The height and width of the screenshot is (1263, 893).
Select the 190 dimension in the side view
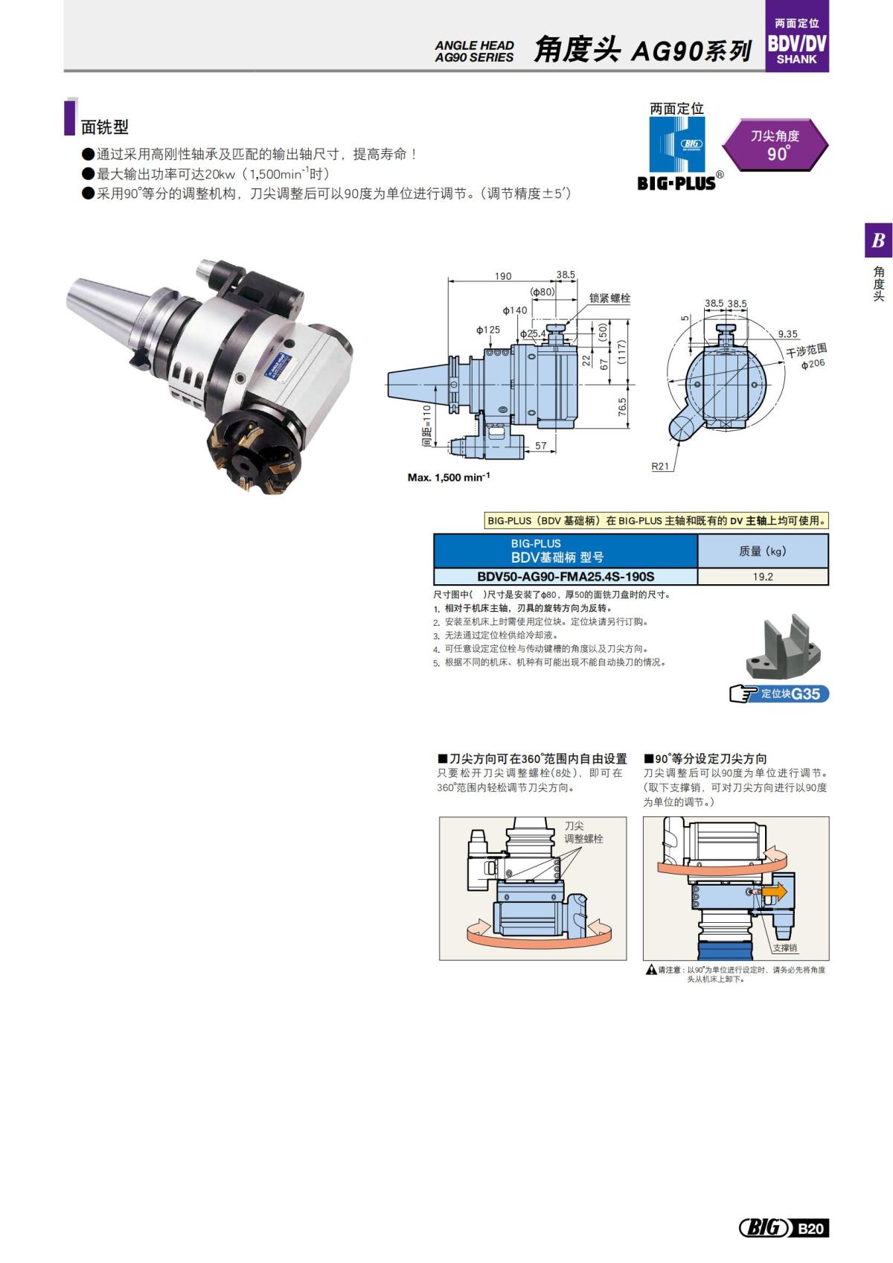tap(503, 276)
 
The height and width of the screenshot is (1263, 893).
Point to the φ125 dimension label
tap(488, 330)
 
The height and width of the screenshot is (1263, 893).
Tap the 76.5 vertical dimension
tap(623, 408)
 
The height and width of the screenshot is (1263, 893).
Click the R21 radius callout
tap(660, 467)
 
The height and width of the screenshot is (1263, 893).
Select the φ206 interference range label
tap(813, 364)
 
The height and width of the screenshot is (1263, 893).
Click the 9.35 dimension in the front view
tap(787, 334)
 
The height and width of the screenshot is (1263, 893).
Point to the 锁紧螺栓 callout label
tap(609, 298)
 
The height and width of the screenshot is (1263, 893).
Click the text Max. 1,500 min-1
tap(449, 477)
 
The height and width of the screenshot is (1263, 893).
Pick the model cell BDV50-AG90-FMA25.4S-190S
tap(566, 577)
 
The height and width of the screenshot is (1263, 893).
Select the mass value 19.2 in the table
tap(763, 577)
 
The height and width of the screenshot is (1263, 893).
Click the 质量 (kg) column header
tap(763, 551)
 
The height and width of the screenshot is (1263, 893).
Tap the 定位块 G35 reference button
tap(780, 694)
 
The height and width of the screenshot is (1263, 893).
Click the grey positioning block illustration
tap(783, 648)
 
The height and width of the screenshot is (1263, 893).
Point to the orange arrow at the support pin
tap(773, 891)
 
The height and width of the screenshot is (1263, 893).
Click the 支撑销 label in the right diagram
tap(785, 948)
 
